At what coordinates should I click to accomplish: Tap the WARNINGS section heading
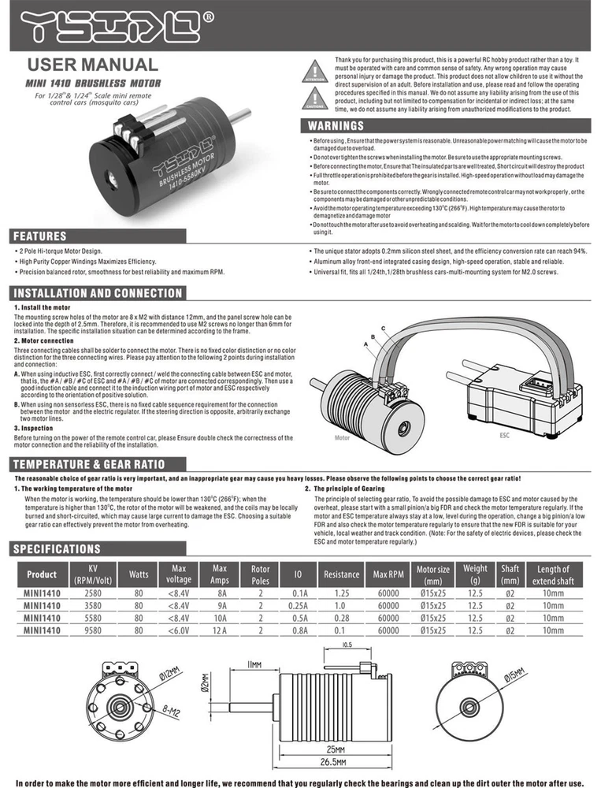click(336, 126)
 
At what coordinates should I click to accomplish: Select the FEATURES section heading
click(40, 236)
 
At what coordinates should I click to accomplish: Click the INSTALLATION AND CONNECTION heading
click(98, 293)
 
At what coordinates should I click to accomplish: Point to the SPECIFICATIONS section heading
click(58, 548)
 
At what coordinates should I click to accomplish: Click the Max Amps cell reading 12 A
click(220, 630)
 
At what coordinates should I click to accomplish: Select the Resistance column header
click(341, 574)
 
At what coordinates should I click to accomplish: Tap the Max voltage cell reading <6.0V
click(179, 630)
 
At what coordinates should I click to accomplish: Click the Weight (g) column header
click(475, 574)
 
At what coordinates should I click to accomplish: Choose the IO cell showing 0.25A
click(299, 605)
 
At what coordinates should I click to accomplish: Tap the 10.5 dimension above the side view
click(346, 645)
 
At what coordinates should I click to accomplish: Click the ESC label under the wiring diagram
click(504, 433)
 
